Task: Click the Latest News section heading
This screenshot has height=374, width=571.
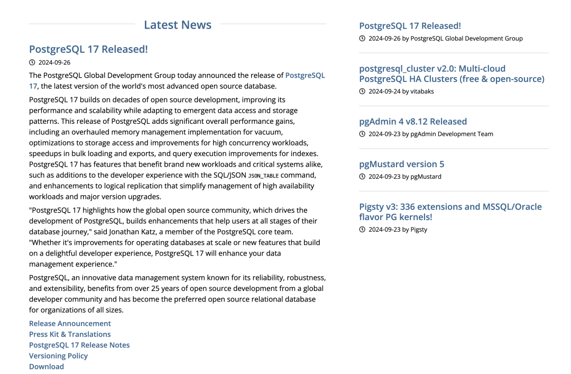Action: click(178, 25)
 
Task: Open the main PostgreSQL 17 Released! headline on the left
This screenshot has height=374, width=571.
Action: click(88, 49)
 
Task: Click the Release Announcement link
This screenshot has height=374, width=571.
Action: click(70, 323)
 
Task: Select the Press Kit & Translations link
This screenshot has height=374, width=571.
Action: click(70, 334)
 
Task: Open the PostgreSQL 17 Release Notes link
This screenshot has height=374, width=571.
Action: click(79, 345)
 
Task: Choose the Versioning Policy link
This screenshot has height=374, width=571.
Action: click(58, 355)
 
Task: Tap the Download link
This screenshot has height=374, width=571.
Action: click(47, 367)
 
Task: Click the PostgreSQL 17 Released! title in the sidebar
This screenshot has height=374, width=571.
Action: click(410, 25)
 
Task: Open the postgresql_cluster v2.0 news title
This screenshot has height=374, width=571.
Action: click(452, 74)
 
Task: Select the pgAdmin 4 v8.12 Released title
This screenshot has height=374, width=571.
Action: click(413, 121)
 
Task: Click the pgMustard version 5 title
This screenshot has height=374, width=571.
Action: click(401, 164)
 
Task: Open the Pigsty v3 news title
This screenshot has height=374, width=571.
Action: click(450, 212)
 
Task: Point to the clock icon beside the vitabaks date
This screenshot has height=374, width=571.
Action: click(362, 92)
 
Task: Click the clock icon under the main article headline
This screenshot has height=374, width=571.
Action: click(32, 62)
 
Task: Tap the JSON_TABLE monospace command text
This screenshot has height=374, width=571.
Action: click(263, 176)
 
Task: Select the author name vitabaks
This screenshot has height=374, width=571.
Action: click(422, 92)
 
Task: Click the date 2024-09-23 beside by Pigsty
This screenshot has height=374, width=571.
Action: click(384, 230)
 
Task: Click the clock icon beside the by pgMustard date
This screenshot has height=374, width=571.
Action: click(362, 177)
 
